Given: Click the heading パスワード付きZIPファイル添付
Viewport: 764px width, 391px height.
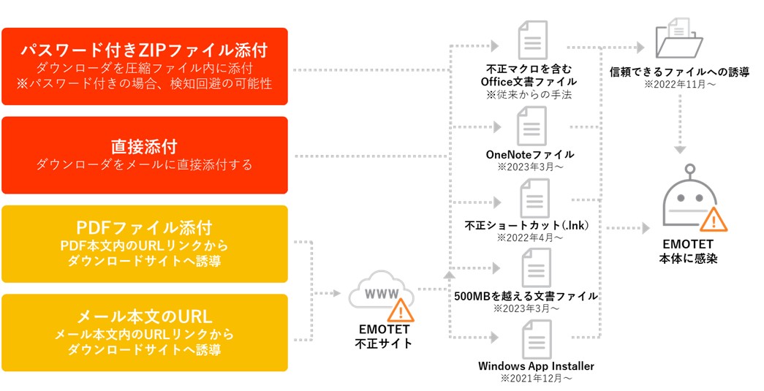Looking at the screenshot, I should click(144, 50).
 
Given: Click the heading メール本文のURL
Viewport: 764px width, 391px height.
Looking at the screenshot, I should click(144, 316).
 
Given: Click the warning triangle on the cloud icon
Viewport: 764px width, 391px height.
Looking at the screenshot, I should click(400, 310).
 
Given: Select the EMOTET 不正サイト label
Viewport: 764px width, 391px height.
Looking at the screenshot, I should click(383, 337).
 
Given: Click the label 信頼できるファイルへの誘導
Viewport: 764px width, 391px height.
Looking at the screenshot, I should click(679, 72).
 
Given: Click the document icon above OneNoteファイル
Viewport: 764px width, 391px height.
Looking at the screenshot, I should click(532, 126).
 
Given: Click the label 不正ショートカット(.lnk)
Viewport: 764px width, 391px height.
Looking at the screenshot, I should click(527, 225).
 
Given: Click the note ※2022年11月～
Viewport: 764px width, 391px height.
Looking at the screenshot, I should click(679, 85).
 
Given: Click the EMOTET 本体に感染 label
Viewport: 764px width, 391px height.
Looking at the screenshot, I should click(687, 251).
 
